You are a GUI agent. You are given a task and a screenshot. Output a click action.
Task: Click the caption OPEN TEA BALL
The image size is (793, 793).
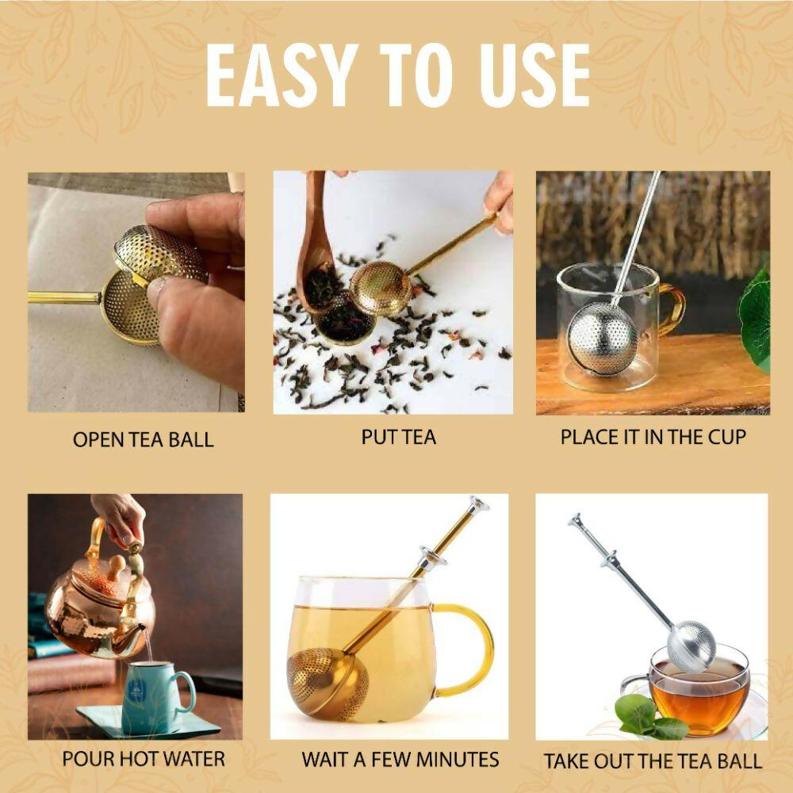[143, 439]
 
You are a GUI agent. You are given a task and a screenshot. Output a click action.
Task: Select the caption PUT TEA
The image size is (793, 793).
[398, 437]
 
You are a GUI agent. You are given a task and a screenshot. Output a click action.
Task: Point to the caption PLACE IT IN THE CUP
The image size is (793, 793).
[653, 437]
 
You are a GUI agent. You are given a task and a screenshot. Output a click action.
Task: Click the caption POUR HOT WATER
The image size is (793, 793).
[144, 759]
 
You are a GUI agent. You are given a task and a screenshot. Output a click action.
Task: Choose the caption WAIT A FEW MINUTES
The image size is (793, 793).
[400, 759]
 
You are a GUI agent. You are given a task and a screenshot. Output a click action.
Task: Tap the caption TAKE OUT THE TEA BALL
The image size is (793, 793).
[653, 761]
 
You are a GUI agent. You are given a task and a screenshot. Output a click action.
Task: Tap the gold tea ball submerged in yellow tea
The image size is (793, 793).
[321, 682]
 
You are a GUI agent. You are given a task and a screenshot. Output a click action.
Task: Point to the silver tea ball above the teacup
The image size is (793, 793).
[690, 646]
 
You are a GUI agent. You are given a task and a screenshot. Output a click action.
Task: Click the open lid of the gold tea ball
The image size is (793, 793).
[159, 254]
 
